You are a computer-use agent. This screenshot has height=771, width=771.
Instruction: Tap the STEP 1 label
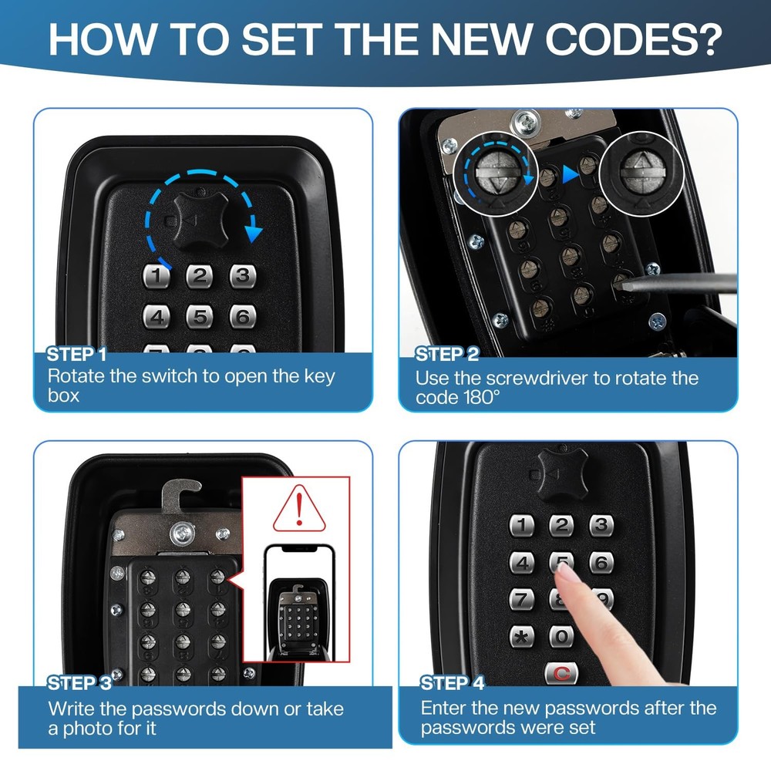(76, 355)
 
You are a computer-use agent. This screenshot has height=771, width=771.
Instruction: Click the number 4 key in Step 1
(157, 316)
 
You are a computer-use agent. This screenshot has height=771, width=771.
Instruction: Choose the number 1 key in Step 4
(521, 526)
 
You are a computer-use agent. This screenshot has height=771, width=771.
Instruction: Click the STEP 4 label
(453, 683)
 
